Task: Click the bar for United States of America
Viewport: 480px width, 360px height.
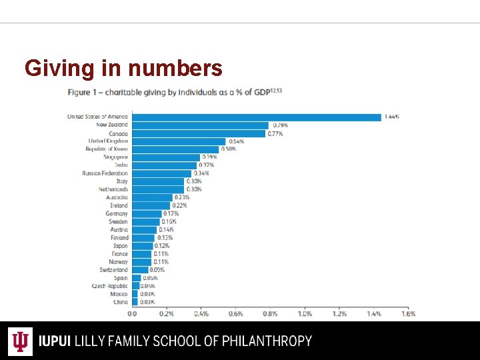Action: pyautogui.click(x=256, y=117)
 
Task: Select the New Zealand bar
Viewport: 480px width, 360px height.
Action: pyautogui.click(x=200, y=125)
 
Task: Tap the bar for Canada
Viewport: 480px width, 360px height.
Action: pyautogui.click(x=198, y=133)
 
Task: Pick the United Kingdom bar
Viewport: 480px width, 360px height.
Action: pyautogui.click(x=179, y=141)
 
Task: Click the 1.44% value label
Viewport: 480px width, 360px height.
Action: pyautogui.click(x=392, y=117)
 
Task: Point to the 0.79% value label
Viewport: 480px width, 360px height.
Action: pyautogui.click(x=279, y=125)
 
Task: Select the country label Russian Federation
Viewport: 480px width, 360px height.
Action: pyautogui.click(x=105, y=173)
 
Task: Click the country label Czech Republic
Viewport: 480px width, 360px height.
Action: pyautogui.click(x=109, y=286)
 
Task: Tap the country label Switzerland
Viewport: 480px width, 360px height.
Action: pyautogui.click(x=113, y=270)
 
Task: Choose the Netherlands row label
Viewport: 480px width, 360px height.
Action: pyautogui.click(x=113, y=189)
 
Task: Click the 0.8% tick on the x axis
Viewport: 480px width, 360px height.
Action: pyautogui.click(x=270, y=313)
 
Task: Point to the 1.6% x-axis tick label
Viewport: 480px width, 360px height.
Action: pyautogui.click(x=408, y=313)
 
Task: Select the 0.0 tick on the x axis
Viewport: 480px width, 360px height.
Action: pyautogui.click(x=132, y=313)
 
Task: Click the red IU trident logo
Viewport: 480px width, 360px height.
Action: pyautogui.click(x=21, y=341)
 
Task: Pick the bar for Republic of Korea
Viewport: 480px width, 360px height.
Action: pyautogui.click(x=175, y=149)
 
